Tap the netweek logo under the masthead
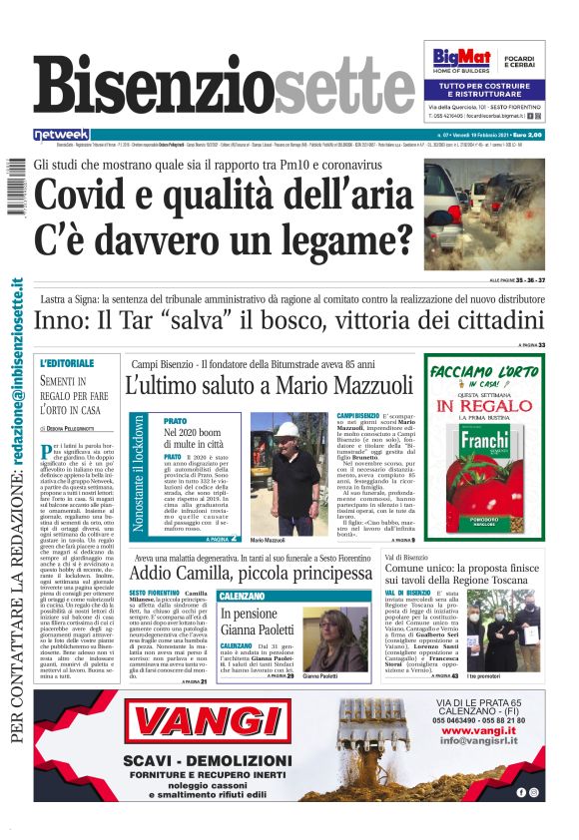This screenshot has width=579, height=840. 62,134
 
